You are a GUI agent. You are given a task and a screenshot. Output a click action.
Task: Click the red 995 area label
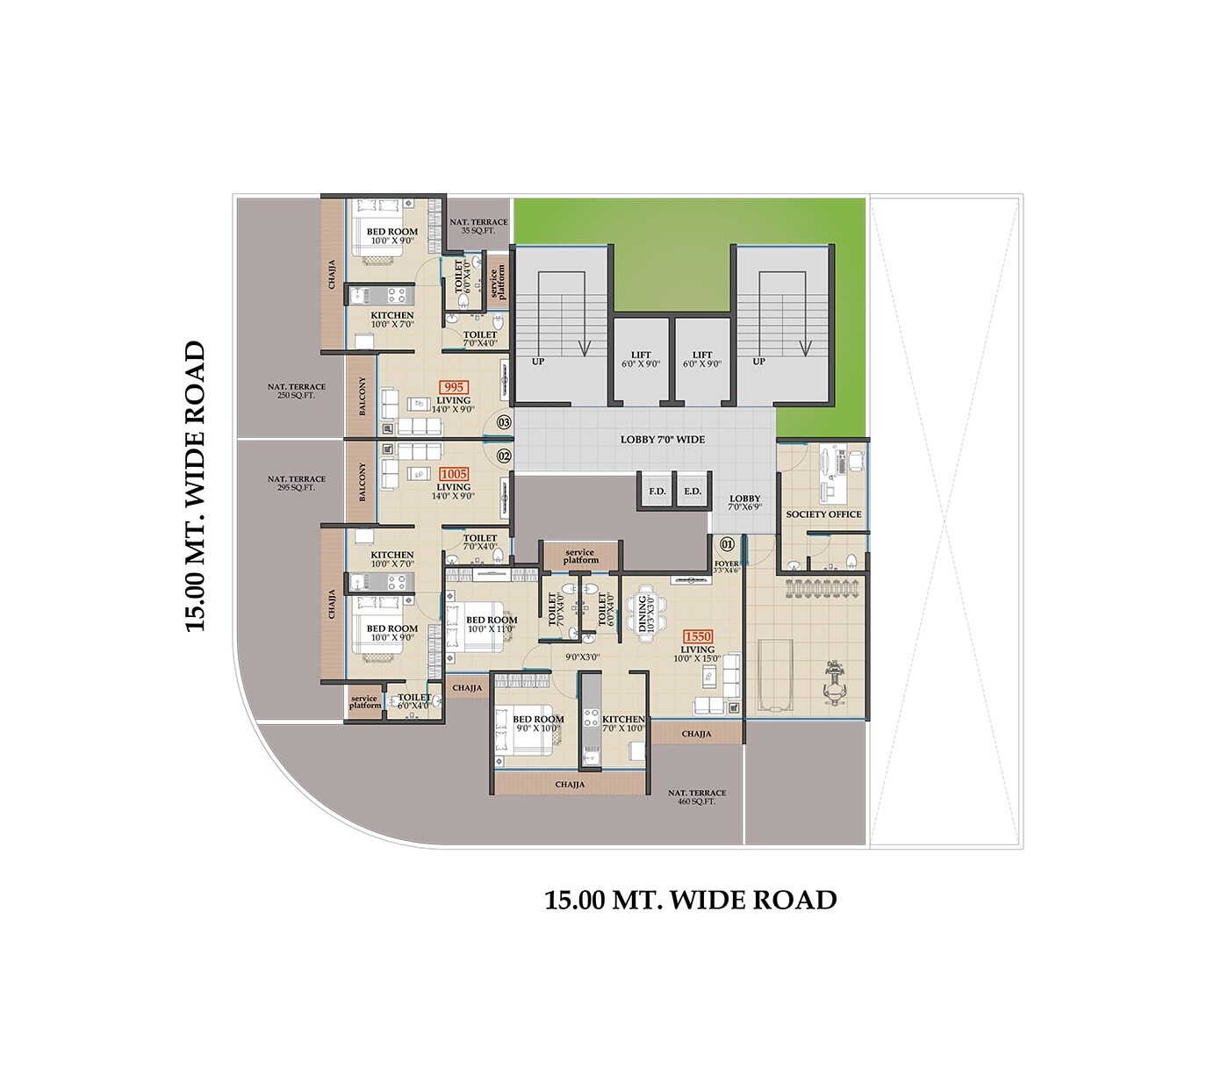click(454, 387)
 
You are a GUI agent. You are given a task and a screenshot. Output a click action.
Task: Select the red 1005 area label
click(454, 474)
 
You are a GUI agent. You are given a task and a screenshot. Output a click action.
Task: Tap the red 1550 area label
click(698, 636)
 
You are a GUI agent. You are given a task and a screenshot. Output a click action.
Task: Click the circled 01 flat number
click(725, 543)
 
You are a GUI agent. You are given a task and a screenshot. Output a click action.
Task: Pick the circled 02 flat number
click(504, 456)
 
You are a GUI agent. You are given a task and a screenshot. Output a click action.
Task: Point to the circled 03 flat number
click(504, 422)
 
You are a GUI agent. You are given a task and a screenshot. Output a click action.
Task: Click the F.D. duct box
click(657, 491)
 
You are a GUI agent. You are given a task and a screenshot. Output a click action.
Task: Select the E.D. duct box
click(693, 491)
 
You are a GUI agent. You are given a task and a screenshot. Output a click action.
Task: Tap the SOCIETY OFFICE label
click(823, 514)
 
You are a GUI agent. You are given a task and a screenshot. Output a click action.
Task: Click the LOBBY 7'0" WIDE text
click(662, 440)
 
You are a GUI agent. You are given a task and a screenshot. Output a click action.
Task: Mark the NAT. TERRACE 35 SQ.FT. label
click(478, 226)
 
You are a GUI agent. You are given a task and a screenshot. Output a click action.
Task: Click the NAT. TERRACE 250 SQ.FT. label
click(296, 391)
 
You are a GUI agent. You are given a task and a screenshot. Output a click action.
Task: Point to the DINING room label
click(645, 607)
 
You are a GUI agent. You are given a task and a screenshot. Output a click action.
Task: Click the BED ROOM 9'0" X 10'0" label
click(538, 723)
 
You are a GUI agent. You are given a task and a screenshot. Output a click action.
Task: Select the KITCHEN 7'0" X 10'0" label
click(623, 723)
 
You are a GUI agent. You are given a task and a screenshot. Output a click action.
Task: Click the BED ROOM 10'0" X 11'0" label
click(492, 624)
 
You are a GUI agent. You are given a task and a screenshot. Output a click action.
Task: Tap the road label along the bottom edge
click(690, 901)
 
